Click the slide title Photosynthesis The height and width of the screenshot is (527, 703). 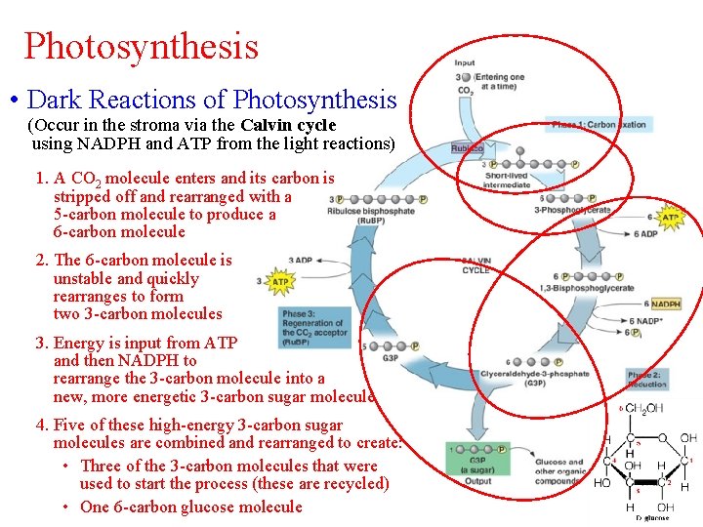[142, 46]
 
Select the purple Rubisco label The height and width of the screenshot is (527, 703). [467, 148]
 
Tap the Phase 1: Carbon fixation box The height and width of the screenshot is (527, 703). [599, 125]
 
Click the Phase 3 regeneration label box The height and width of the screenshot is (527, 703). [312, 328]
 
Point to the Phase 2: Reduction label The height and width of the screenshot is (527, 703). [646, 380]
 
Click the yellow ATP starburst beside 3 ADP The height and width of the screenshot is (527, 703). [280, 282]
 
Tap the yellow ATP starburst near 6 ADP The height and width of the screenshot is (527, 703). [671, 217]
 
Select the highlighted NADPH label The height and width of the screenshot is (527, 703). [665, 304]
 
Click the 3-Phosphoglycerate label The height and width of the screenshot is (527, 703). [574, 210]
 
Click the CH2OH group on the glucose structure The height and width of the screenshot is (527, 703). [645, 408]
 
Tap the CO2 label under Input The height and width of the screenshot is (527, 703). [466, 92]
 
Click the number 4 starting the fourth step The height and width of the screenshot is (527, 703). [41, 426]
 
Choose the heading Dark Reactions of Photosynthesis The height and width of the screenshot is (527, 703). [212, 100]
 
